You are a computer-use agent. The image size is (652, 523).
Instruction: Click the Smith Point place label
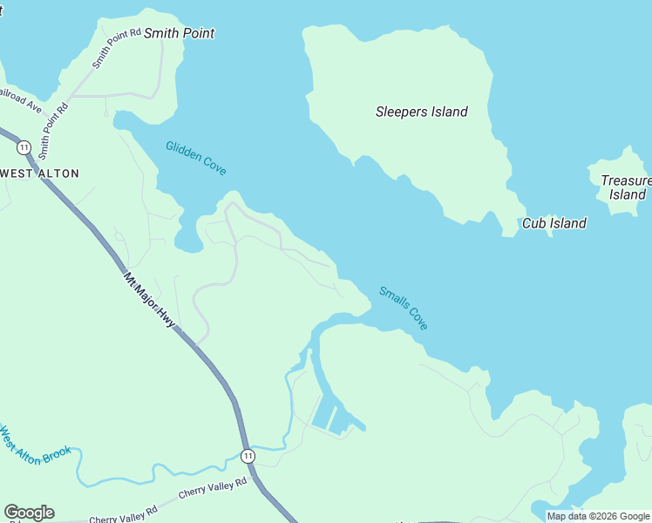point(179,33)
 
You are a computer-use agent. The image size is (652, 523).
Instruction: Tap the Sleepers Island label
point(421,112)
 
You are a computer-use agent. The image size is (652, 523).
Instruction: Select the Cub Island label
point(554,223)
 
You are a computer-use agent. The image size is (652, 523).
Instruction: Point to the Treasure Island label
point(626,187)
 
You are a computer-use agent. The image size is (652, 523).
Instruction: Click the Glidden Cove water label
point(196,158)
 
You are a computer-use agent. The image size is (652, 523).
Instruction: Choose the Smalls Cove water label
point(404,308)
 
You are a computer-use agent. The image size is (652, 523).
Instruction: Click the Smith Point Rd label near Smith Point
point(116,48)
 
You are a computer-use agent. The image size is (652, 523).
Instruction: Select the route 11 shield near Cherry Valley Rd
point(248,456)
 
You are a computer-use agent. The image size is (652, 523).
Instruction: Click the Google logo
point(29,513)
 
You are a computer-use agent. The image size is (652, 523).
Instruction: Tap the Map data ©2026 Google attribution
point(598,516)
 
